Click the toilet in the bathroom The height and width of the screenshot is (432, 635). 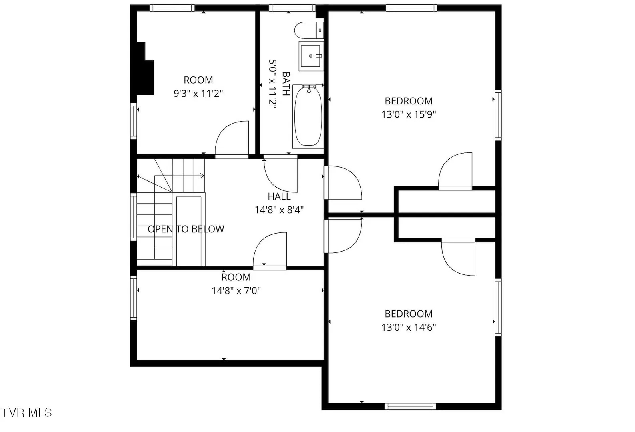tap(309, 30)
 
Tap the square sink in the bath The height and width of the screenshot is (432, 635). tap(311, 56)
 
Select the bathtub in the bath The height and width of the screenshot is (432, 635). tap(308, 116)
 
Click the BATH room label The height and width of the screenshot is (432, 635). tap(286, 84)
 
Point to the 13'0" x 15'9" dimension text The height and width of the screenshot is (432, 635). tap(409, 114)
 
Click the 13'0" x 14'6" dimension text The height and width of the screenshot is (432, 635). tap(409, 327)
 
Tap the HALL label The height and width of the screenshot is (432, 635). tap(279, 196)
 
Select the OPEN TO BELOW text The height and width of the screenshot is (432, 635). tap(186, 229)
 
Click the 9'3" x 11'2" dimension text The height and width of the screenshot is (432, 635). tap(198, 93)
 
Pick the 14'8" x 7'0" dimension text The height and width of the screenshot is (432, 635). tap(236, 290)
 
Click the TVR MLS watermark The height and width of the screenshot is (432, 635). tap(26, 412)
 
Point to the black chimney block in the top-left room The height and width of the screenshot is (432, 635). tap(145, 69)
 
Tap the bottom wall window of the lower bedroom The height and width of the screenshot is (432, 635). tap(411, 406)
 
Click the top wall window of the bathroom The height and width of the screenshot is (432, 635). tap(292, 8)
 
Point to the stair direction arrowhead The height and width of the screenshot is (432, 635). tap(202, 176)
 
